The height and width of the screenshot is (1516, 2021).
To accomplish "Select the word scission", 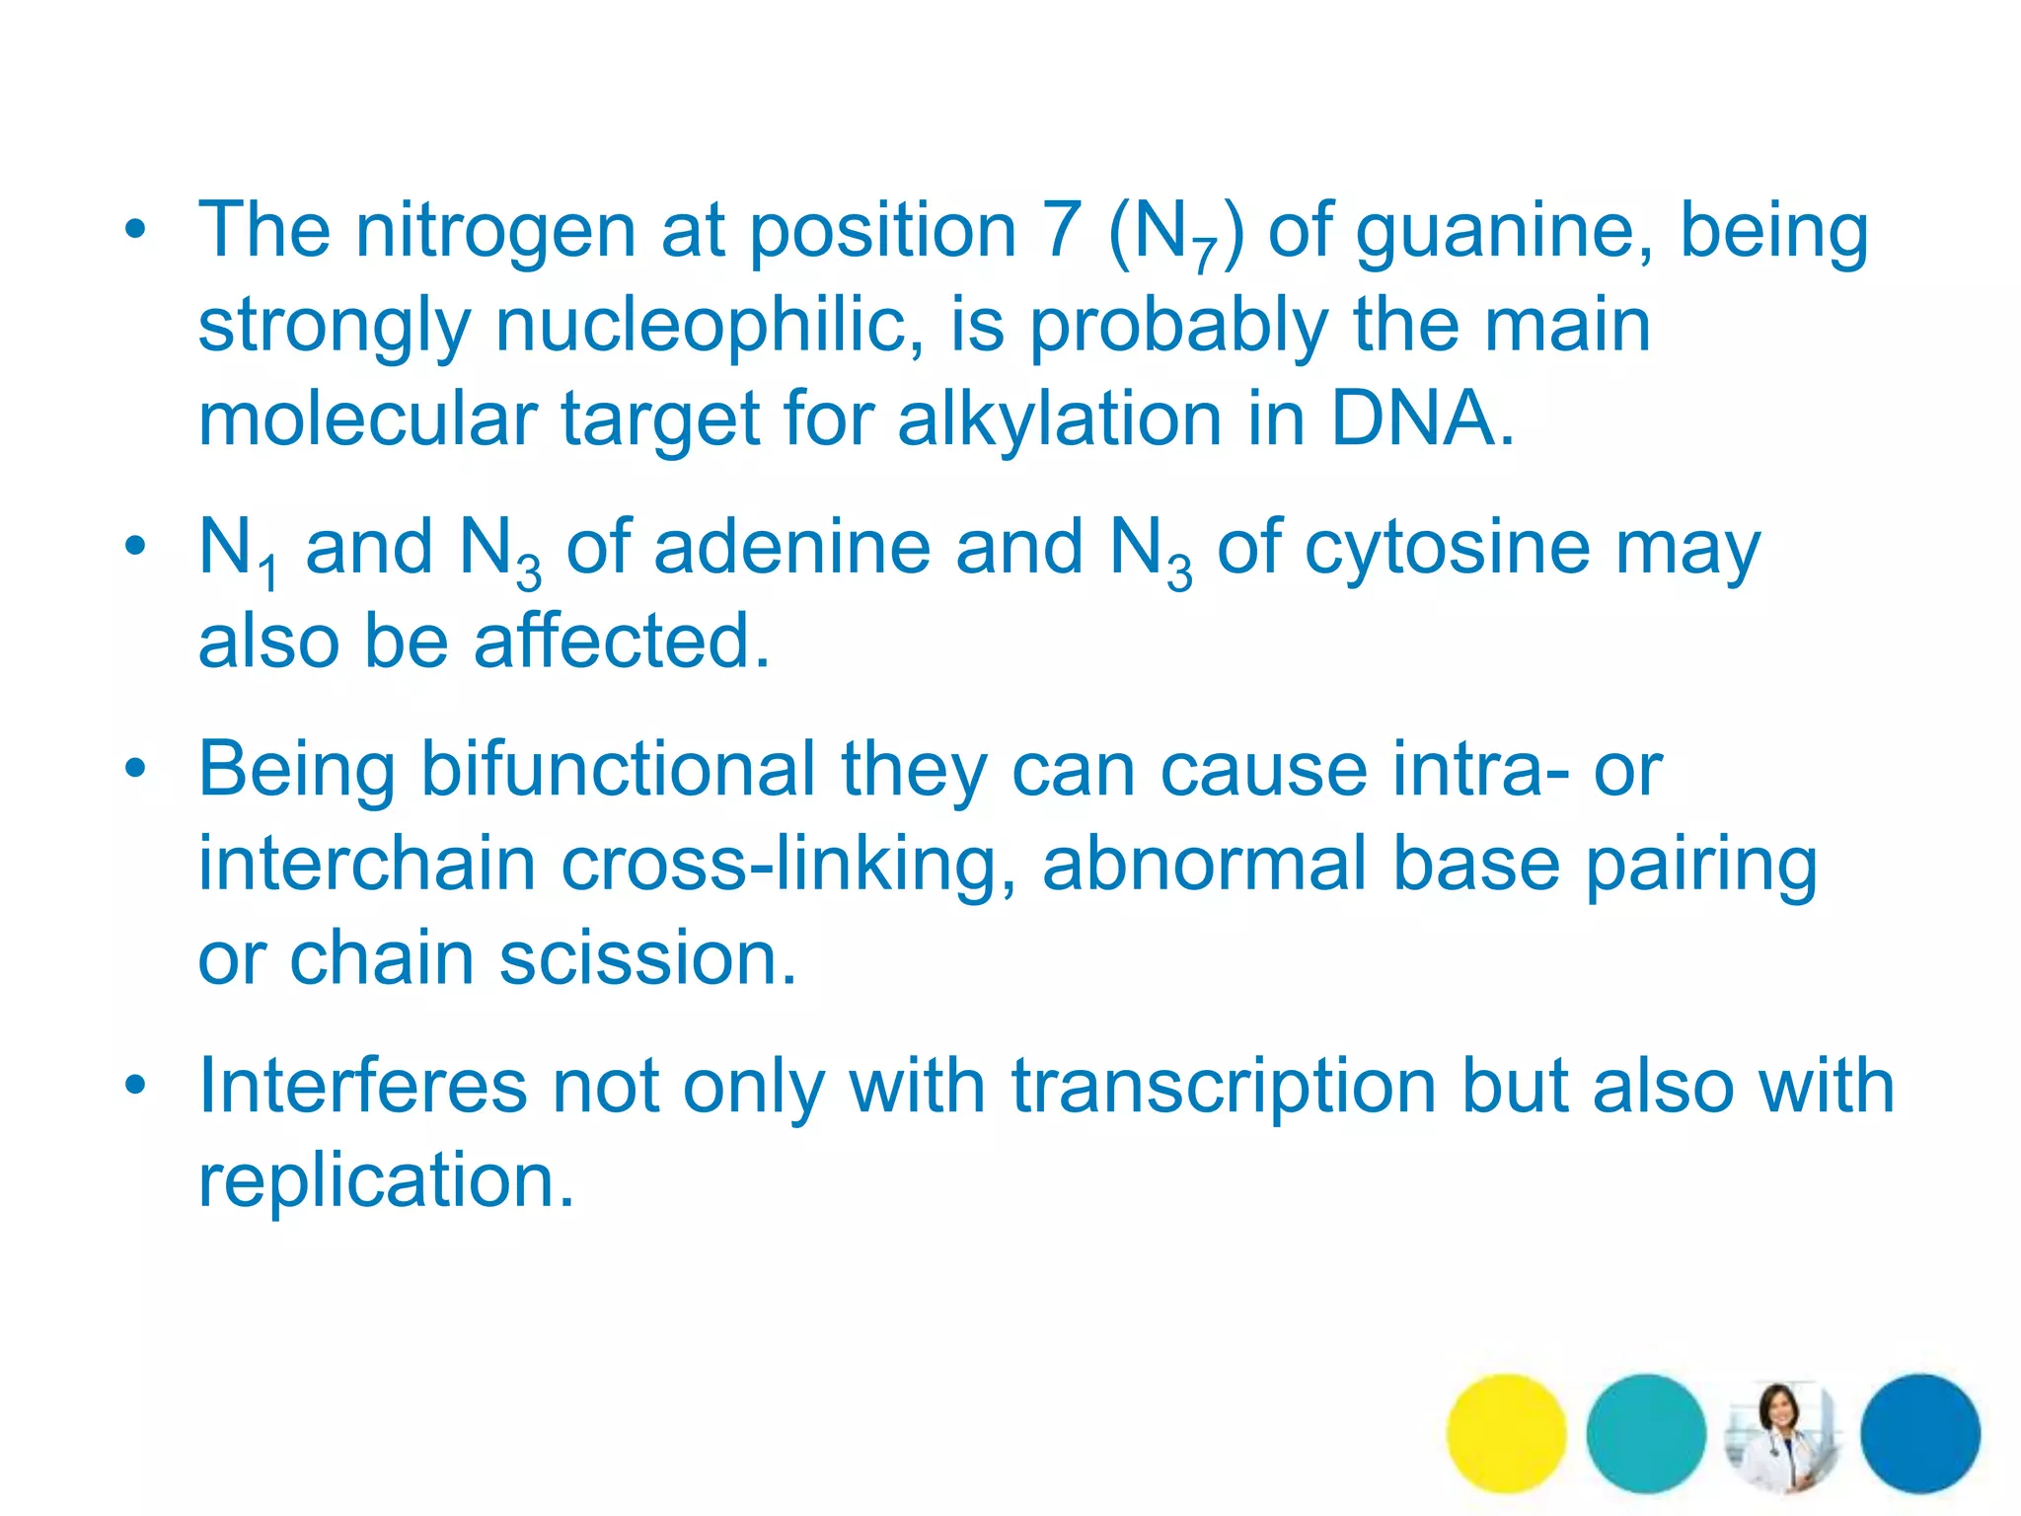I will pos(646,958).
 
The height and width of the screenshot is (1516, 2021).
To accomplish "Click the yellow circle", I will pos(1506,1433).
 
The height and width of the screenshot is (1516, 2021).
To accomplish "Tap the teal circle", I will pos(1645,1433).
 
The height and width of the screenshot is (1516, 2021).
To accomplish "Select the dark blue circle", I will pos(1920,1433).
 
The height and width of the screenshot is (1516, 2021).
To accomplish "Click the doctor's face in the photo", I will pos(1777,1407).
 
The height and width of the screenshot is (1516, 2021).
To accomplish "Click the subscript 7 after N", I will pos(1205,258).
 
